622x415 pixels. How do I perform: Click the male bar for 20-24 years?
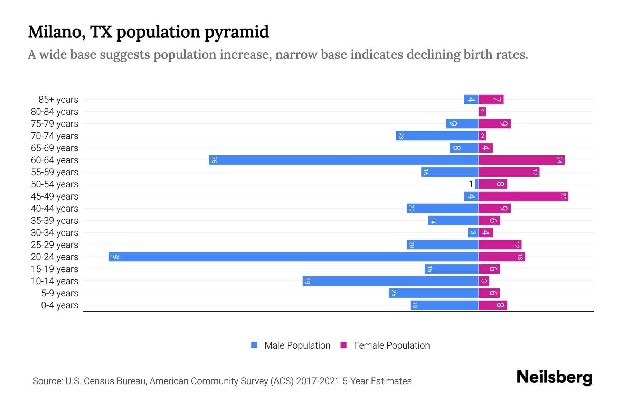[294, 257]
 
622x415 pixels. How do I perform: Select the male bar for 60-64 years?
[344, 160]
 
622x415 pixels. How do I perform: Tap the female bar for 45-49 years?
[523, 196]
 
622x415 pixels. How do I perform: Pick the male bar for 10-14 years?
[390, 281]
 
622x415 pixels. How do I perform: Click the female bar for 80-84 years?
[482, 111]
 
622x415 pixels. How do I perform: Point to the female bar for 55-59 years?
[509, 172]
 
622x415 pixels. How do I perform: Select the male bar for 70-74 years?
[437, 136]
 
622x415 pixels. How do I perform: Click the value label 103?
[115, 257]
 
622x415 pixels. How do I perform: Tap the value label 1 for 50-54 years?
[471, 184]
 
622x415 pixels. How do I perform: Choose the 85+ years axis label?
[58, 100]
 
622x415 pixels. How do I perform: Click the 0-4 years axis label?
[60, 305]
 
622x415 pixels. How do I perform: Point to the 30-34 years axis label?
[55, 233]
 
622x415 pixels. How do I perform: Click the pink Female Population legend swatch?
[343, 345]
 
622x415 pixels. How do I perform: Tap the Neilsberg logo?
[554, 377]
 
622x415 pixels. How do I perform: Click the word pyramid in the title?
[237, 32]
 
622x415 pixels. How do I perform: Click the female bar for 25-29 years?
[500, 245]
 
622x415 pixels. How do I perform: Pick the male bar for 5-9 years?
[433, 293]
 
